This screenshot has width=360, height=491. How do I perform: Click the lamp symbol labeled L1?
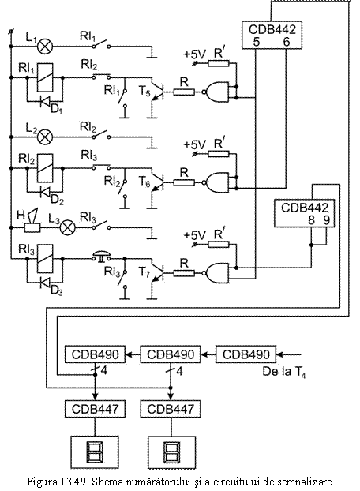pos(45,47)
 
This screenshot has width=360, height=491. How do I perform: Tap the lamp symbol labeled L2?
pos(45,137)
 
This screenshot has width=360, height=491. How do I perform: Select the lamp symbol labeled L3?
pos(67,227)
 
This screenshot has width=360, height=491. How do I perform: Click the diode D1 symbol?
pos(45,101)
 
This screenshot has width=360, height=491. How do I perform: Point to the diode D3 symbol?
pos(45,283)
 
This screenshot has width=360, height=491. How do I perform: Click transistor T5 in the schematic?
pos(157,92)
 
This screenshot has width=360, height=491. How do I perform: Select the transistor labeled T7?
pos(157,273)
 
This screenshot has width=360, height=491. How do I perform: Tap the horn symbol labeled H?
pos(32,220)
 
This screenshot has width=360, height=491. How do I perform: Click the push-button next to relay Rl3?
pos(101,256)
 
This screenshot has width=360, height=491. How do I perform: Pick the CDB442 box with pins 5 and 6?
pos(272,35)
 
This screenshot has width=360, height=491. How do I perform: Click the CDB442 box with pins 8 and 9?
pos(304,213)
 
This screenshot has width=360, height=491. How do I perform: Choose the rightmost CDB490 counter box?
pos(246,354)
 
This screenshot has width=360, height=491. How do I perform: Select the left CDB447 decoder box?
pos(95,409)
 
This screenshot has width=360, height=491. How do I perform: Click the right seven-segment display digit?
pos(172,452)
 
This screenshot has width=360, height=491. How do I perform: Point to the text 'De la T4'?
pos(283,372)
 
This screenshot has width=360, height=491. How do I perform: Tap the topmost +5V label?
pos(195,54)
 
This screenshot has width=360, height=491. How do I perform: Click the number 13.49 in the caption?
pos(75,481)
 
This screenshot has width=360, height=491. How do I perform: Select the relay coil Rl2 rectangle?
pos(45,168)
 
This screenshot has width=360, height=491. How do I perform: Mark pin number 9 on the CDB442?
pos(326,220)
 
